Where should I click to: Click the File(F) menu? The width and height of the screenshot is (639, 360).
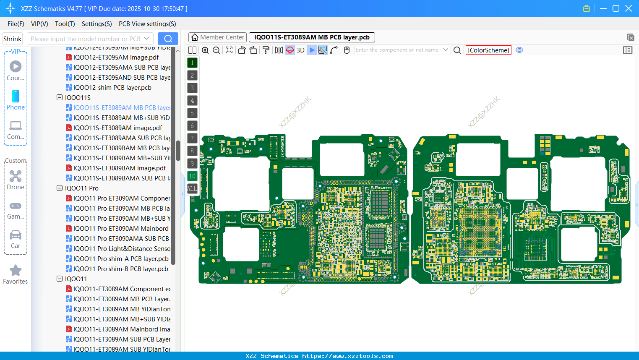click(x=16, y=24)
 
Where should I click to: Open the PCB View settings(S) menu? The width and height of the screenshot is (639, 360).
click(x=147, y=24)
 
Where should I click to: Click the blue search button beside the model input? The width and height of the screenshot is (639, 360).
click(x=168, y=39)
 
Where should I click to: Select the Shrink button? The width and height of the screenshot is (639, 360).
click(x=12, y=39)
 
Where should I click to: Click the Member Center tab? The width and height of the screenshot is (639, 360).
click(x=217, y=37)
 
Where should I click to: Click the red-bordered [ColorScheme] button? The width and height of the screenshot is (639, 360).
click(x=488, y=50)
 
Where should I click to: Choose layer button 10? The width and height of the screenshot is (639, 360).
click(x=192, y=176)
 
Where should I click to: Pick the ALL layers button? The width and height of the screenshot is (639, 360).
click(x=192, y=189)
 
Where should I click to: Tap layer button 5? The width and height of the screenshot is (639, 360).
click(x=192, y=113)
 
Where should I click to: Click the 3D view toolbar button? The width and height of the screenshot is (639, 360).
click(x=300, y=50)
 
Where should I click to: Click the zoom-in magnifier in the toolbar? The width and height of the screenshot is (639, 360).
click(x=205, y=50)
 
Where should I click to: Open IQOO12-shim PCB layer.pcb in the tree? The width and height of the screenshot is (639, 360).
click(x=112, y=88)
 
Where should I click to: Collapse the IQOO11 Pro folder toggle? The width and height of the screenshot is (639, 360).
click(x=60, y=188)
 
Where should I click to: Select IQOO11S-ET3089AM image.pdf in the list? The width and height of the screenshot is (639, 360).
click(x=117, y=128)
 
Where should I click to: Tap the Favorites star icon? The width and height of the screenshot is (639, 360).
click(x=16, y=271)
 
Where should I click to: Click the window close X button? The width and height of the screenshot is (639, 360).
click(x=629, y=8)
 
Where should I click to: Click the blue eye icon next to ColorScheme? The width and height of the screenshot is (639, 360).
click(x=519, y=50)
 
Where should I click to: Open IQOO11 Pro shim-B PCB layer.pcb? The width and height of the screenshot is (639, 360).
click(x=120, y=269)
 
